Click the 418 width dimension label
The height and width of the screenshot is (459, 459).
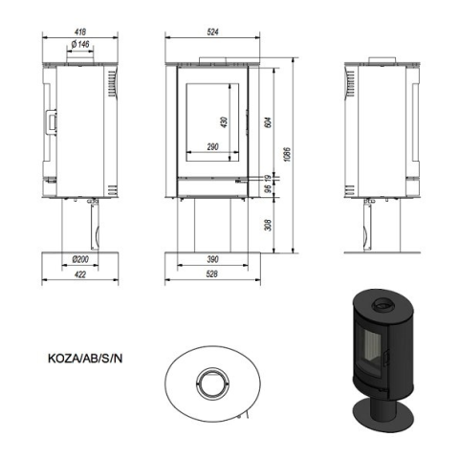80,32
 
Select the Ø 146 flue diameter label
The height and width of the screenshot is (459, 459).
80,44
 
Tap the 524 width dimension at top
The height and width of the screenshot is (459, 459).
212,32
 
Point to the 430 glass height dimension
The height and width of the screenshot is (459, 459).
224,122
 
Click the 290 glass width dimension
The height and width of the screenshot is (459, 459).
212,147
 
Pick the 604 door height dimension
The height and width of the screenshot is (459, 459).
268,122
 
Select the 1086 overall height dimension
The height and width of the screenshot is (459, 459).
287,155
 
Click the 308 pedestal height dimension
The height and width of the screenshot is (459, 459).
268,225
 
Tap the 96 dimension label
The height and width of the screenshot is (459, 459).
268,188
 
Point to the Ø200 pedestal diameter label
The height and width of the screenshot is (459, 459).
80,259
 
